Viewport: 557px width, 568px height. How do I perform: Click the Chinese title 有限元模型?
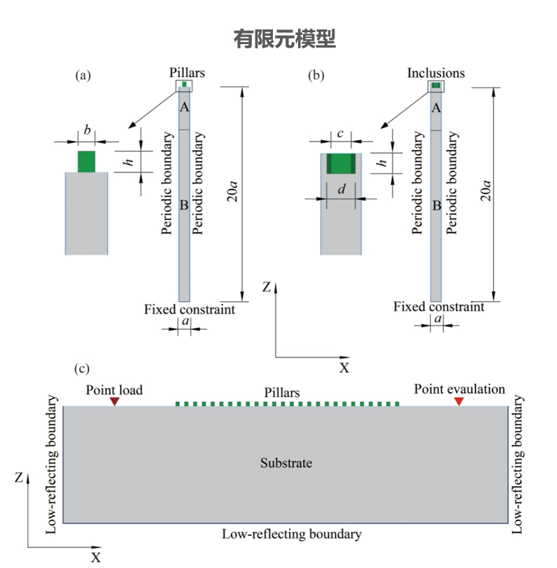[x=284, y=39]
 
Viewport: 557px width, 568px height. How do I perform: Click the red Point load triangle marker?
[x=115, y=401]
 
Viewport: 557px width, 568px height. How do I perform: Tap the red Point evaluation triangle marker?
[x=459, y=401]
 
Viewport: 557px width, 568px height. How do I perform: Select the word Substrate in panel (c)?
[x=285, y=463]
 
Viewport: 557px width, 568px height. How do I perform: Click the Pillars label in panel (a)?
[x=187, y=72]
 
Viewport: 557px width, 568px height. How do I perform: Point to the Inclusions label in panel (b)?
[x=436, y=72]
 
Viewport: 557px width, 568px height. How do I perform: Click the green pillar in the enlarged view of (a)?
[x=86, y=161]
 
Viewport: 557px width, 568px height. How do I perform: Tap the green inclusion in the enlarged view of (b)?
[x=341, y=163]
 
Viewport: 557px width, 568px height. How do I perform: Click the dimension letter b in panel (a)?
[x=87, y=130]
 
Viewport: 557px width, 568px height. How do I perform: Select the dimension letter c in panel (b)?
[x=340, y=133]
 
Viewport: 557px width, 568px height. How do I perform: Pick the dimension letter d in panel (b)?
[x=341, y=188]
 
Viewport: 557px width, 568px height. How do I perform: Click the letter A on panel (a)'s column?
[x=184, y=107]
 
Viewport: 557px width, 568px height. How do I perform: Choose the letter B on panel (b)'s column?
[x=436, y=206]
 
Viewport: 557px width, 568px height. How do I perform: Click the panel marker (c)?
[x=82, y=368]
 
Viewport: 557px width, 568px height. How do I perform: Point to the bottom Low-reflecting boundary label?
[x=292, y=534]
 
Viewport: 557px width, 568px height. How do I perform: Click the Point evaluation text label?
[x=459, y=389]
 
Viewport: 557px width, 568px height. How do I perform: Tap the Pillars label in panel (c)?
[x=282, y=393]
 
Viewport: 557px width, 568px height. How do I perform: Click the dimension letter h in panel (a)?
[x=128, y=162]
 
